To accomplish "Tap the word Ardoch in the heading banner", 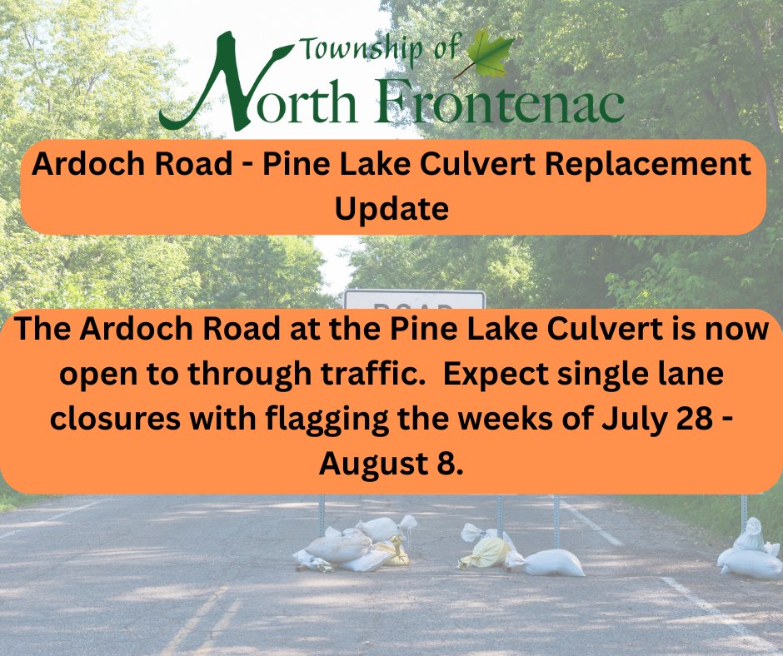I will tap(81, 164).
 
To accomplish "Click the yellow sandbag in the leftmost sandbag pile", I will tap(391, 552).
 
